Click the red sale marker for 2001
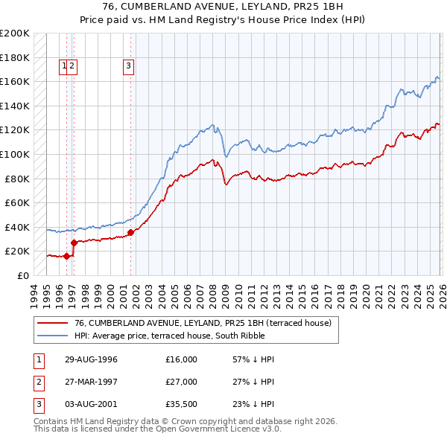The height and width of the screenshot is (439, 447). pyautogui.click(x=130, y=232)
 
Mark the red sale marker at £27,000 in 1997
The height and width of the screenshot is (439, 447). pyautogui.click(x=74, y=242)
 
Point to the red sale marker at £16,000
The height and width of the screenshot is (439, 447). pyautogui.click(x=67, y=256)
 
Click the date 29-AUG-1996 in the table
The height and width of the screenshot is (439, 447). pyautogui.click(x=90, y=359)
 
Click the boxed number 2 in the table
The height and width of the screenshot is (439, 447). pyautogui.click(x=37, y=382)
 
